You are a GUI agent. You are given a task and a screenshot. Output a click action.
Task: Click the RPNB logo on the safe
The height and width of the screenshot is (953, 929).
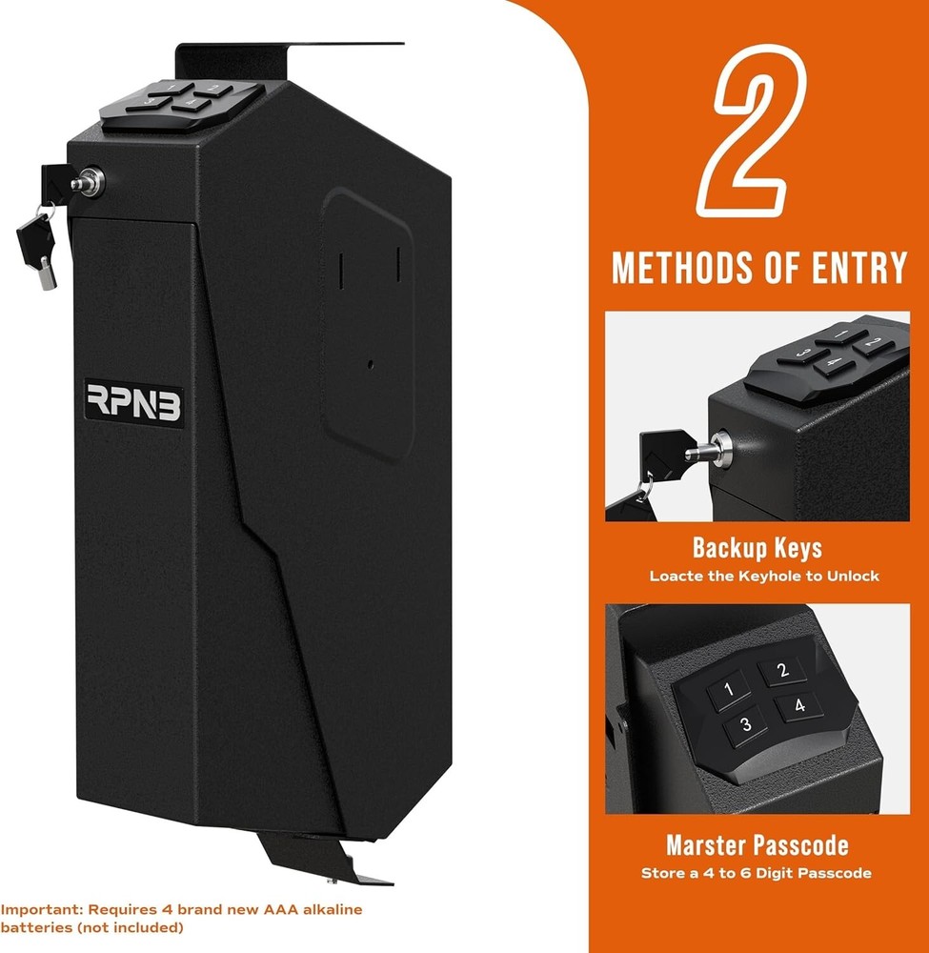point(133,404)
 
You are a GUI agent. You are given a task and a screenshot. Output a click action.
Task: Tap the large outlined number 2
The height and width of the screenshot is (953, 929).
point(756,133)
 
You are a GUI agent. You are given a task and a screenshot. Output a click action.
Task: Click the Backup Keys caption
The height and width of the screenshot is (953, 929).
point(757,549)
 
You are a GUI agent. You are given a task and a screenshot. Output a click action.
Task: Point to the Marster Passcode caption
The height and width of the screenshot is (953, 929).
point(757,845)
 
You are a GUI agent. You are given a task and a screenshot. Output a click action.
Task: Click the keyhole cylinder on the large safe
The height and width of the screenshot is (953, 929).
point(88,180)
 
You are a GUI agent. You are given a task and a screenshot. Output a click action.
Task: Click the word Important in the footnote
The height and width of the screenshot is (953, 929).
point(34,910)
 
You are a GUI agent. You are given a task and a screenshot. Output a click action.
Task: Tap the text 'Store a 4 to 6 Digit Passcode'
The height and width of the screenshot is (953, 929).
point(757,872)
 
